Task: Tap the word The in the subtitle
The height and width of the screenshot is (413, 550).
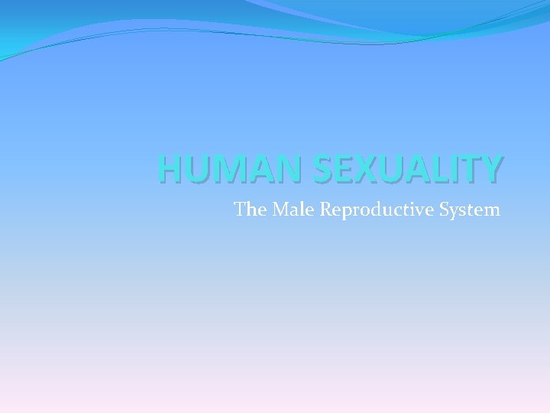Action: [247, 209]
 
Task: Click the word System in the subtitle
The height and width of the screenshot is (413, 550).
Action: [469, 210]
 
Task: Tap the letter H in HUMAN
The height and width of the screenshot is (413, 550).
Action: [170, 169]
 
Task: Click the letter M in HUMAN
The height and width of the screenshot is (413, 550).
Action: [219, 169]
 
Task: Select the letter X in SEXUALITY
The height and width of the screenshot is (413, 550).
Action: [350, 169]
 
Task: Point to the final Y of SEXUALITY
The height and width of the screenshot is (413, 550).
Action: [492, 169]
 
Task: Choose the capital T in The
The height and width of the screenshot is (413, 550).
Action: [239, 209]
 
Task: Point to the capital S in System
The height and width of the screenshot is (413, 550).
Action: [445, 209]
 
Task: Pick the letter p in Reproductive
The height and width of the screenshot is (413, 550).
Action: [345, 212]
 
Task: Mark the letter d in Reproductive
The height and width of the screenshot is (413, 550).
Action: [377, 209]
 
